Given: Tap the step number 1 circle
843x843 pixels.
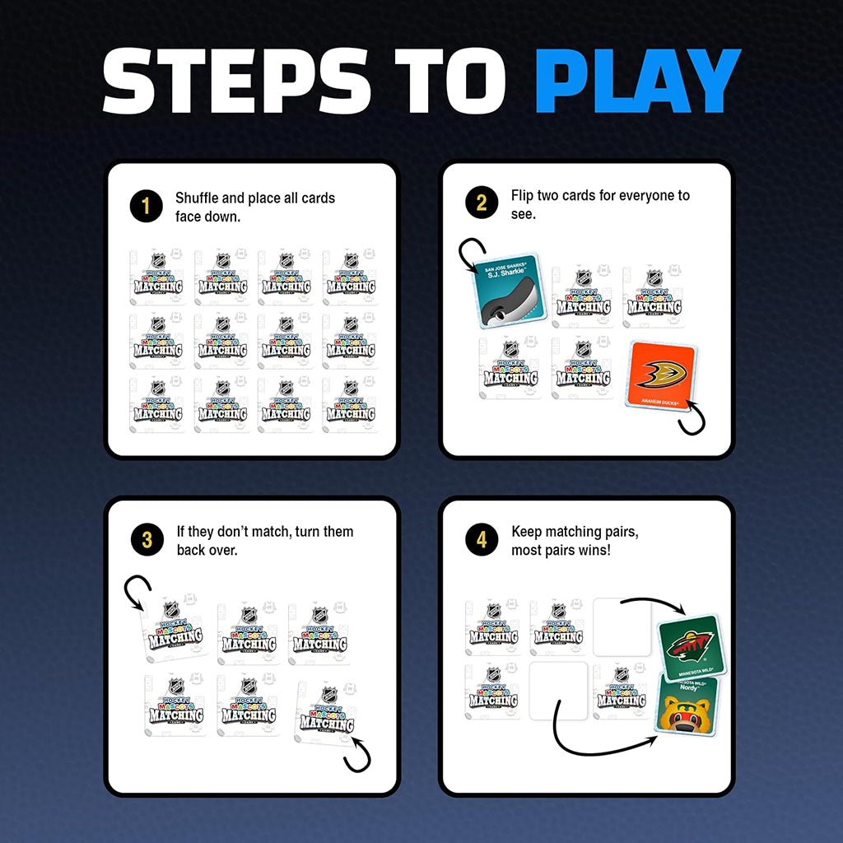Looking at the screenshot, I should pos(146,206).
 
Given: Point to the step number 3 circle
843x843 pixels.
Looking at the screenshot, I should pos(147,540).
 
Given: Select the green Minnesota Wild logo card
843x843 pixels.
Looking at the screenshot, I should pos(688,649).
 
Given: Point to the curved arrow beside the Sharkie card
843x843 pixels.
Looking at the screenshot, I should pos(472,254).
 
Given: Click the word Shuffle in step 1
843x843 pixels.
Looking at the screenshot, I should pos(198,198).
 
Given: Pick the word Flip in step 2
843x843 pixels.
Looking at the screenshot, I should pos(522,196).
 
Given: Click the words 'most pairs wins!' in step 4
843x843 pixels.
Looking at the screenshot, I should pos(561,550).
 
